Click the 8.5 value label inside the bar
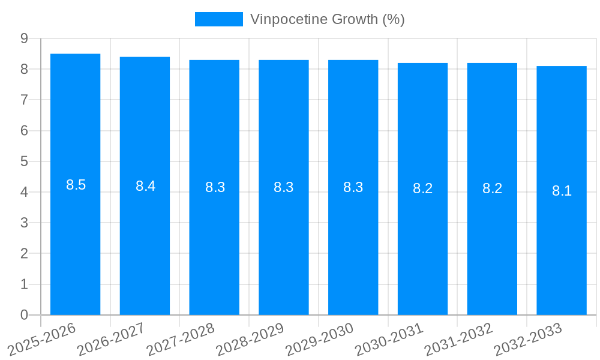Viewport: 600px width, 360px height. click(76, 185)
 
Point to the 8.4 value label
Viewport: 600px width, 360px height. click(145, 186)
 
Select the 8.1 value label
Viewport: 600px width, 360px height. click(562, 191)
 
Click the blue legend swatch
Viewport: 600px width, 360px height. click(219, 19)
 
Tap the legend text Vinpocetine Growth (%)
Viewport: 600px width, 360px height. click(328, 19)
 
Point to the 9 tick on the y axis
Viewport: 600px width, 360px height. click(24, 38)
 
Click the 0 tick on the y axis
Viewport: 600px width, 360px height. click(24, 315)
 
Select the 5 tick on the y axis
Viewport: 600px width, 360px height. click(24, 161)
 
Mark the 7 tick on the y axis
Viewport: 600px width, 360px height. click(24, 100)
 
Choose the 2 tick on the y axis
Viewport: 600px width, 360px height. click(24, 253)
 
